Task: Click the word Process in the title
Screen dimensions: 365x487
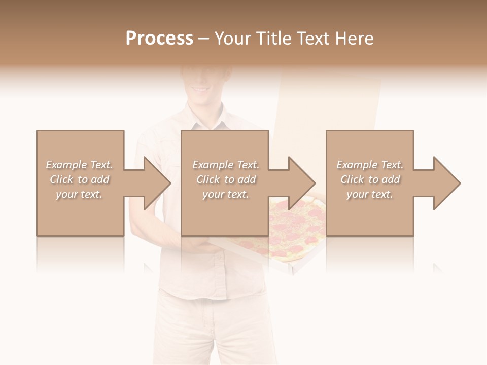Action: [x=159, y=39]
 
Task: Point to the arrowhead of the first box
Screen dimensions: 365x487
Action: [x=155, y=183]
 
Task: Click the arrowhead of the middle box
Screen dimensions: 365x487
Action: [x=300, y=183]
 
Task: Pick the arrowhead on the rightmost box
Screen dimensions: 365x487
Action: [x=445, y=183]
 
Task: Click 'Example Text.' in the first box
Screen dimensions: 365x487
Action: [x=80, y=165]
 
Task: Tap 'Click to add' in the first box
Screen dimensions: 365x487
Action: [x=80, y=179]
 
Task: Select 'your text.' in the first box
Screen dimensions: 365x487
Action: [x=80, y=194]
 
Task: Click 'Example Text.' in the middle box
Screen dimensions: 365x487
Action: [x=226, y=165]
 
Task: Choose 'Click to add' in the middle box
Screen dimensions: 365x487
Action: [x=226, y=179]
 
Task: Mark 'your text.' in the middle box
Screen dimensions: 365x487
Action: [x=226, y=194]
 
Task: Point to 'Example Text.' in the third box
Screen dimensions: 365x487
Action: [x=370, y=165]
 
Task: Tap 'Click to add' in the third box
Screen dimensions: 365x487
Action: [x=370, y=179]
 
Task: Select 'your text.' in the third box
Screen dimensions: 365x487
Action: [x=370, y=194]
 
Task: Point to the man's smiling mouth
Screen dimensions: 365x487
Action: [x=200, y=88]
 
